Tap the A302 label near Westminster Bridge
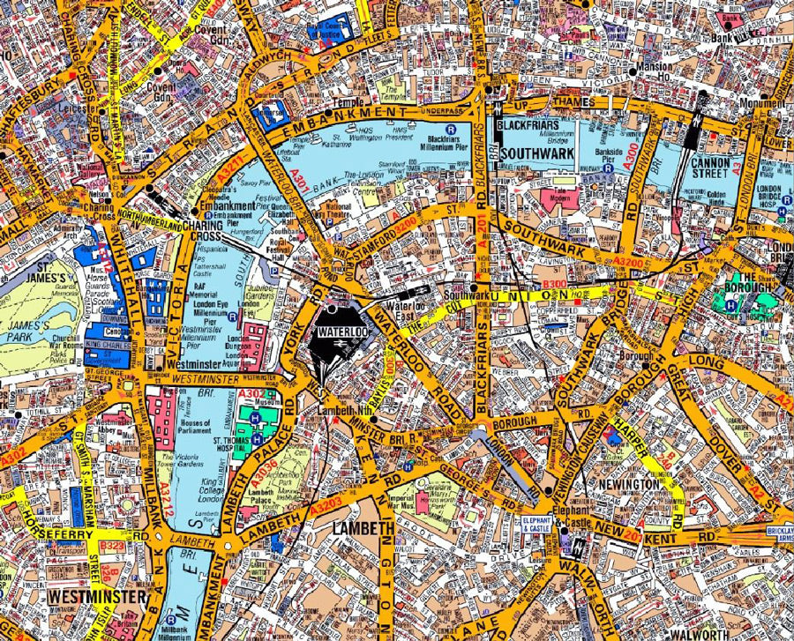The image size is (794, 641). (251, 394)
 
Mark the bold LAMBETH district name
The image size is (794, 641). (363, 527)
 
